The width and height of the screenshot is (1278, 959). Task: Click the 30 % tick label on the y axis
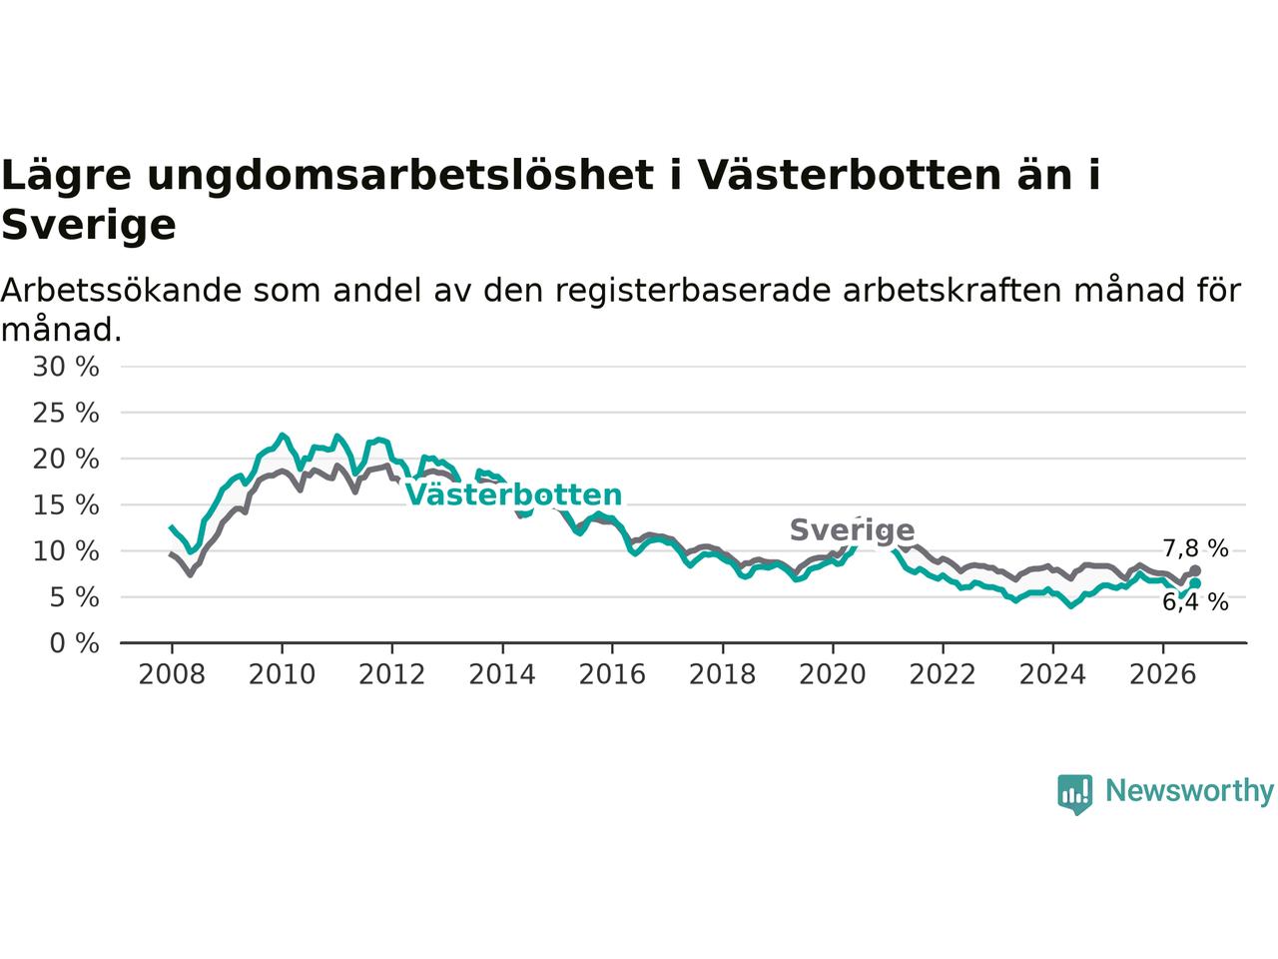66,367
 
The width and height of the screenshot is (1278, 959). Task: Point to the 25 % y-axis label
66,413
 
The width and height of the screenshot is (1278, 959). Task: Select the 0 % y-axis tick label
75,643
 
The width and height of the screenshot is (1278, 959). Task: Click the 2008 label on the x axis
172,674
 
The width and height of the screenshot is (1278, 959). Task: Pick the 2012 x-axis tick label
391,674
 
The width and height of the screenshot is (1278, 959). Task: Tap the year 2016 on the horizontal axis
612,674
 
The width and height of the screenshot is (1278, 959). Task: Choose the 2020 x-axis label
833,674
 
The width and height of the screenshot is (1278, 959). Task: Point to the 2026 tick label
1163,674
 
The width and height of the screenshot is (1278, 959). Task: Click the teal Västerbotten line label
513,494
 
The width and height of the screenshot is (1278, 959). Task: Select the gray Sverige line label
853,530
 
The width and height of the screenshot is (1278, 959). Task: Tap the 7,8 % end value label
1196,548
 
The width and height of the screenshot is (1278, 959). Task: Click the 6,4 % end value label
1196,602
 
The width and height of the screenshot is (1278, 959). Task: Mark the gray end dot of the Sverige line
1195,570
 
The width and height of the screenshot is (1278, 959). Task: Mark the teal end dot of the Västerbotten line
1195,583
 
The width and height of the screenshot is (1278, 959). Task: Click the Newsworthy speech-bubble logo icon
1074,794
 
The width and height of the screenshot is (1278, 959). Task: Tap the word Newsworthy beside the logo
1189,791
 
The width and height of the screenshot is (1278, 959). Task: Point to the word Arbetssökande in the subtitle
121,291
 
